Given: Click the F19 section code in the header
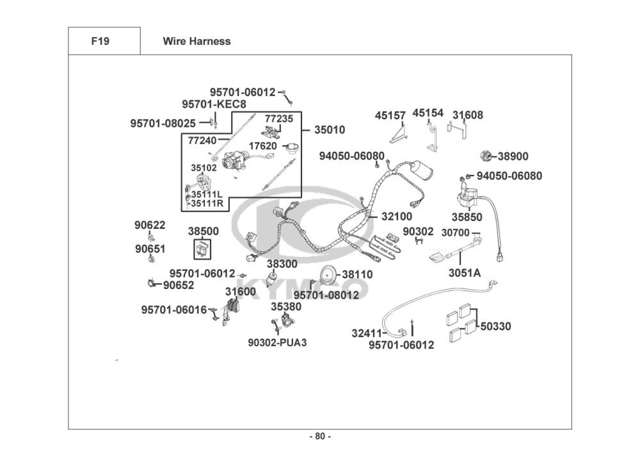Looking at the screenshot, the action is [x=100, y=41].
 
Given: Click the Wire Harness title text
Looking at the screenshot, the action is [x=196, y=41].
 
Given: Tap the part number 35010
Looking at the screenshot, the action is [x=330, y=130].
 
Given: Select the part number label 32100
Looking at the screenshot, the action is [x=397, y=217].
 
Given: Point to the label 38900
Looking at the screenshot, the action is [x=513, y=156].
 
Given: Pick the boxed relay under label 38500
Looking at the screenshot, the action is [x=202, y=249].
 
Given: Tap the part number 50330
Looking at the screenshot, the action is [x=495, y=326].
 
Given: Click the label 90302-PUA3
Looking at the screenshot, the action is [x=277, y=343].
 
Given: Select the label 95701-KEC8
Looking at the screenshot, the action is [x=214, y=104].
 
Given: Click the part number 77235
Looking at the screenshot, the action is [x=279, y=119].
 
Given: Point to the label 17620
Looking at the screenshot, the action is [x=263, y=146].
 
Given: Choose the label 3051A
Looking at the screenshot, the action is [x=465, y=273].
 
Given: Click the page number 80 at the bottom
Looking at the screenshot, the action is [x=320, y=436].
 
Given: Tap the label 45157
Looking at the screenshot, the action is [x=390, y=115].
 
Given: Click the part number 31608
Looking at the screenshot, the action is [x=467, y=115].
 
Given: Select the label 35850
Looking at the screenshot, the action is [x=467, y=217].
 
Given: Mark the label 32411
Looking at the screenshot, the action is [x=367, y=334].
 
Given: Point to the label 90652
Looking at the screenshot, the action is [x=179, y=285].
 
